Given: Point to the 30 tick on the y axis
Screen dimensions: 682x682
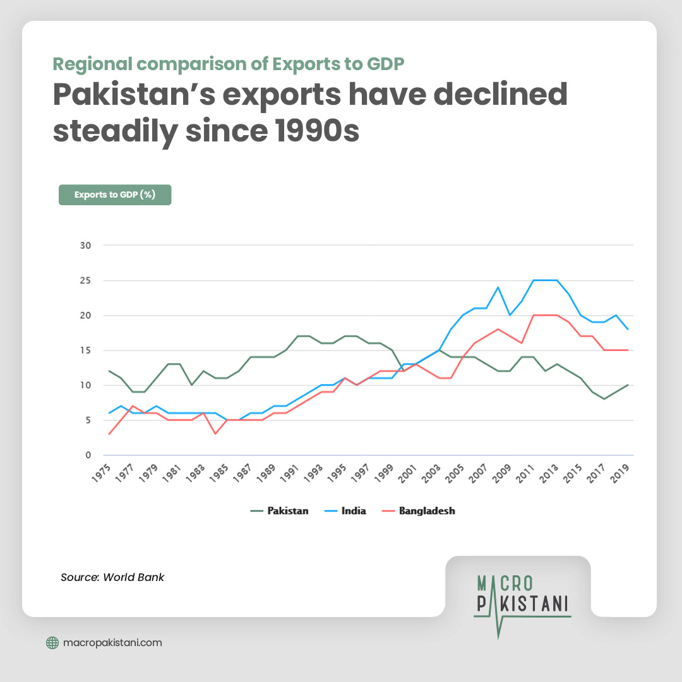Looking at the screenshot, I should click(85, 245).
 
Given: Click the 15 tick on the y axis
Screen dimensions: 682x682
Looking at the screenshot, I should click(85, 350).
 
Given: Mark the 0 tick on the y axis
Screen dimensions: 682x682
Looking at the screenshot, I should click(88, 455).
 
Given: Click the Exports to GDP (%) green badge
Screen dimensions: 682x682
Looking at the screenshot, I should click(115, 194).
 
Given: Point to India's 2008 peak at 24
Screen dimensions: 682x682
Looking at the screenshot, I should click(498, 287).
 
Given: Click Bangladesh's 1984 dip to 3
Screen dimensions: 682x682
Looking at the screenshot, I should click(215, 434).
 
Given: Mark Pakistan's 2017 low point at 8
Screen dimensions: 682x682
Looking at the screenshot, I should click(604, 399).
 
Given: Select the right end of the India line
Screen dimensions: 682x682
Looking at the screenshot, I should click(628, 329).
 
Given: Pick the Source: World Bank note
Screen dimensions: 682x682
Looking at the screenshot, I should click(112, 577).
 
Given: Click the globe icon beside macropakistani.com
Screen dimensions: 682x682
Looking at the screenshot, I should click(53, 643).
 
